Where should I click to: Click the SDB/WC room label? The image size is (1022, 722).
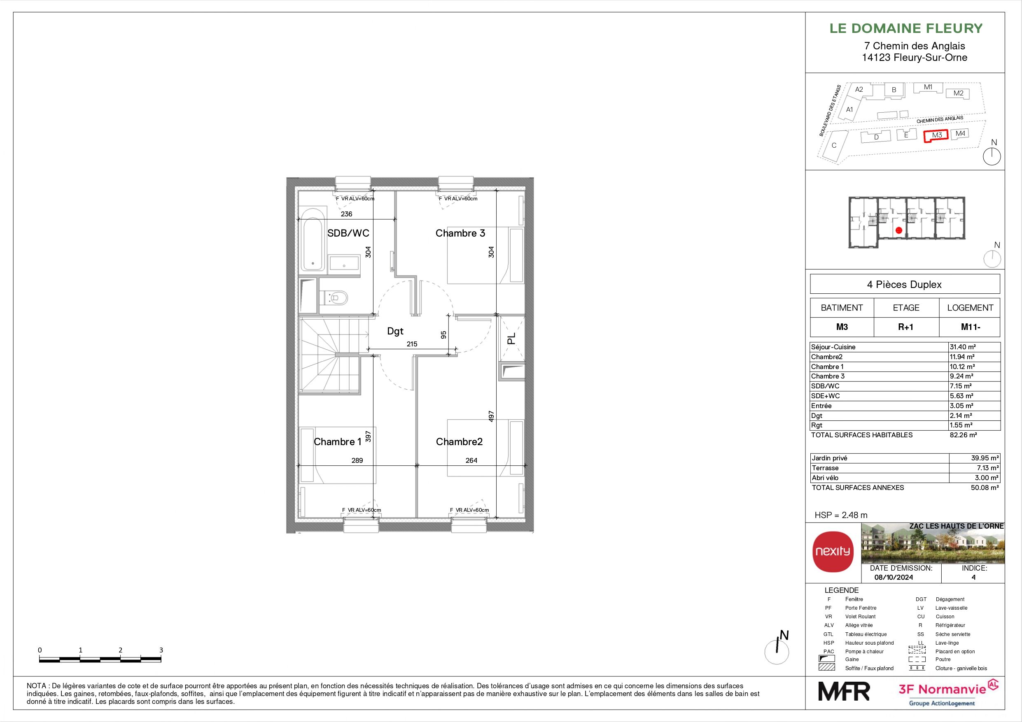(x=348, y=233)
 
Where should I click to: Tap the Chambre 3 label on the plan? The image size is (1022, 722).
(x=460, y=233)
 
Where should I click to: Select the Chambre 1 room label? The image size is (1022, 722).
(x=337, y=442)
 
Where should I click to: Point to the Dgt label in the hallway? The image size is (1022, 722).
(x=395, y=331)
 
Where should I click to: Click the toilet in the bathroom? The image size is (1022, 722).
(x=334, y=297)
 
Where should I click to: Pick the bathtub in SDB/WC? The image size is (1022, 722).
(x=313, y=245)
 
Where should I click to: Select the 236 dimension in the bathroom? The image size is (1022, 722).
(x=346, y=214)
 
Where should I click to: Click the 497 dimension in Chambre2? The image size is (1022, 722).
(x=491, y=416)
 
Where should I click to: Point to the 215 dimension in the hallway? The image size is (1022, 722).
(x=412, y=344)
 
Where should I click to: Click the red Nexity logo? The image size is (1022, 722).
(x=833, y=551)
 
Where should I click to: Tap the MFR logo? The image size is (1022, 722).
(x=844, y=691)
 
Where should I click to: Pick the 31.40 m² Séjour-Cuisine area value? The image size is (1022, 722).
(x=962, y=347)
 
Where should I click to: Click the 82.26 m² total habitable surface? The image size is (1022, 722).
(x=963, y=435)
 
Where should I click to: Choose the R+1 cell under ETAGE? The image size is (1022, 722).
(x=906, y=327)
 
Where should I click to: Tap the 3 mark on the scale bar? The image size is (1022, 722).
(x=161, y=650)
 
